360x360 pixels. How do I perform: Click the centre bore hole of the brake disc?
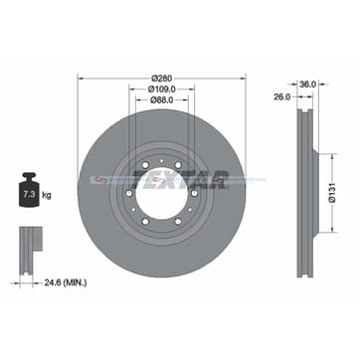tap(155, 184)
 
